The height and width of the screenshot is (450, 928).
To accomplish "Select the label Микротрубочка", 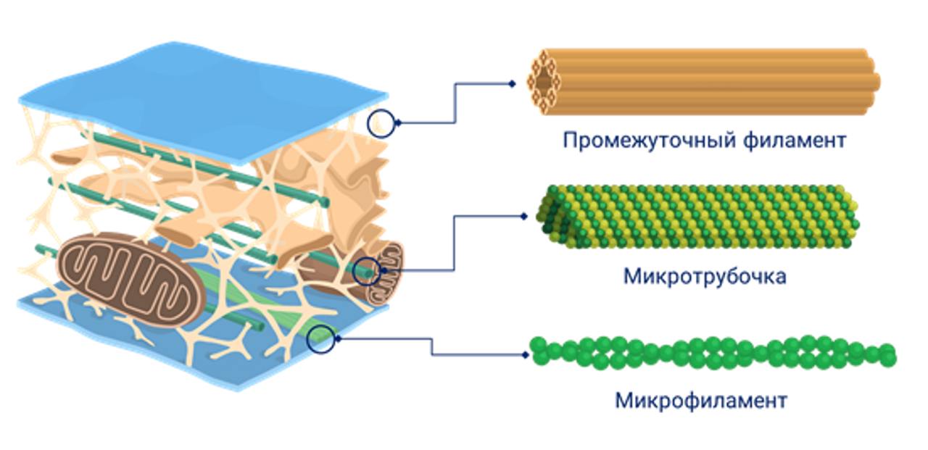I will click(704, 276).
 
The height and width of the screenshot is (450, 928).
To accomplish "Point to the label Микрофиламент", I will click(700, 400).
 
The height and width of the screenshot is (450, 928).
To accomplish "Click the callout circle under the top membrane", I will click(381, 123).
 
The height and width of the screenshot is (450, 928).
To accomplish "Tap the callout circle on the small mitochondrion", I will click(368, 271).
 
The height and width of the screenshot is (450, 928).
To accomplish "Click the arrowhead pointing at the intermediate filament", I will click(512, 84).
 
